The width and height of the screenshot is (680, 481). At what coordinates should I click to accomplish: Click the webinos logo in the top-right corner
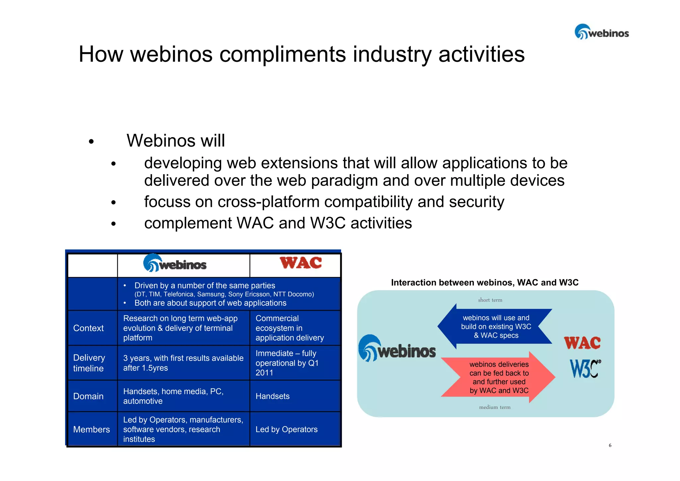click(602, 32)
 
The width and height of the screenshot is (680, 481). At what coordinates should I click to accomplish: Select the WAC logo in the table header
click(300, 263)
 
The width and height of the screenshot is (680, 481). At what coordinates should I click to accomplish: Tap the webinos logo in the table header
click(175, 263)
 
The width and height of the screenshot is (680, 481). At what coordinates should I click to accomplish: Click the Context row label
click(88, 328)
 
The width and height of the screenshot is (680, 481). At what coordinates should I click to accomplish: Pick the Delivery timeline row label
click(89, 363)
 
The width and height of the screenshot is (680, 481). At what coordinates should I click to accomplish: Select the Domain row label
click(88, 396)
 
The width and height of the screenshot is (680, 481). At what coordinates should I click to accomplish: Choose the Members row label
click(91, 430)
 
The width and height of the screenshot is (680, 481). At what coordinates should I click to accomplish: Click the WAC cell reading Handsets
click(272, 396)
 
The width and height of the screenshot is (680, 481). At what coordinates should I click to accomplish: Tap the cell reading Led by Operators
click(287, 430)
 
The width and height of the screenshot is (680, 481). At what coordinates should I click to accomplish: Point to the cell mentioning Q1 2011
click(287, 363)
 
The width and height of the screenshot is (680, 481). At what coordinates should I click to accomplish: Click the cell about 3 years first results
click(183, 363)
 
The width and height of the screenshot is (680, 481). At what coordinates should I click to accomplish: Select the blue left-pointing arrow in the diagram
click(495, 327)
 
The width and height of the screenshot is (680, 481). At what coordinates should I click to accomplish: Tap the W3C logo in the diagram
click(585, 369)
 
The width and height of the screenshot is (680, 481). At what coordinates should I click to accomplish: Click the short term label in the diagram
click(490, 300)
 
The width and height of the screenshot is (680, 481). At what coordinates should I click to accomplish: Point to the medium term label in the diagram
click(495, 407)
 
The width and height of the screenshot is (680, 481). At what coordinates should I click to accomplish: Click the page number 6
click(610, 445)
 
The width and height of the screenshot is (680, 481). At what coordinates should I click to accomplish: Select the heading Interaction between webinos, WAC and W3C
click(484, 282)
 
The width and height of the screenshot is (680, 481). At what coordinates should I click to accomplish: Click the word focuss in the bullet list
click(167, 202)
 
